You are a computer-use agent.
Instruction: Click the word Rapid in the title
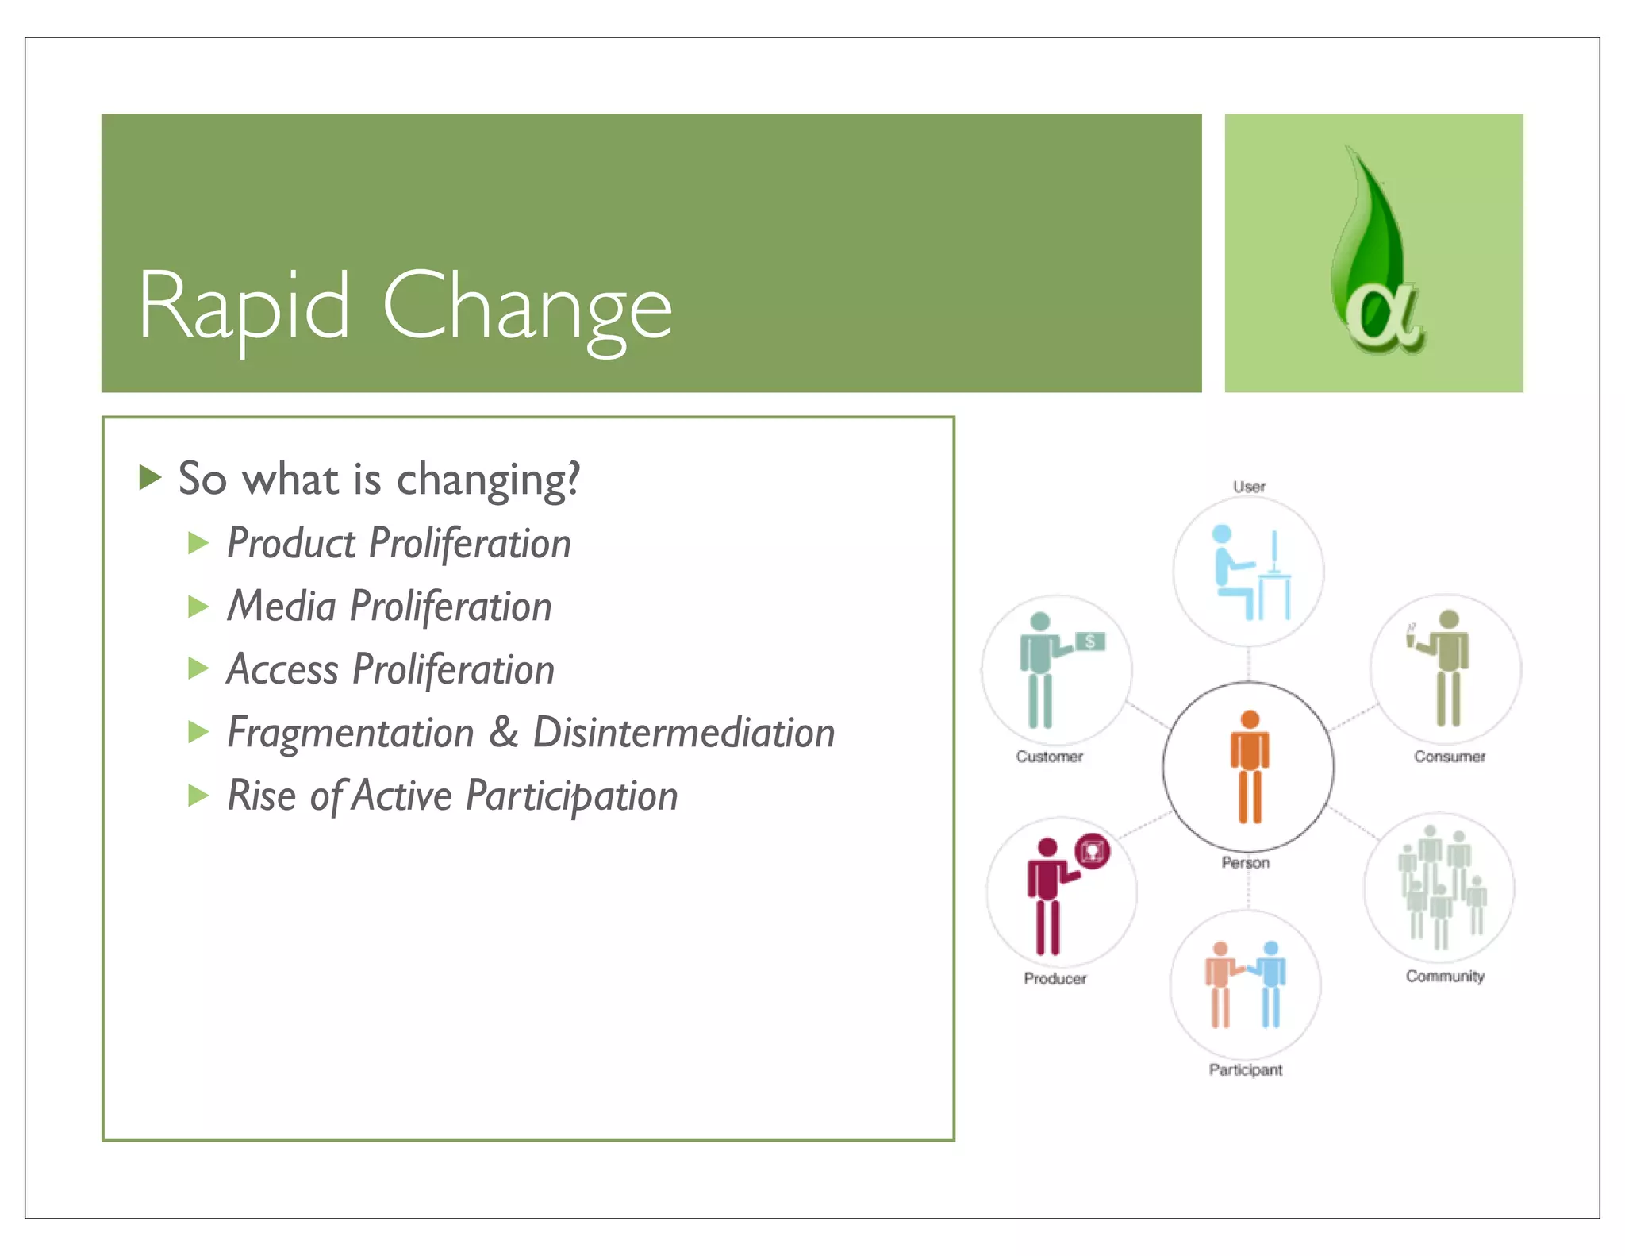point(244,306)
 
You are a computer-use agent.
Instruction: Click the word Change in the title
point(527,308)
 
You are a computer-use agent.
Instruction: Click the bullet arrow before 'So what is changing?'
point(150,478)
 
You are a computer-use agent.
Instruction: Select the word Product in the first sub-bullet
point(291,544)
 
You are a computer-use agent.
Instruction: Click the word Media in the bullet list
point(282,607)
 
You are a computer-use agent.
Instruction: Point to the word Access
point(282,669)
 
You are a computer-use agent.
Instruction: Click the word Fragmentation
point(350,732)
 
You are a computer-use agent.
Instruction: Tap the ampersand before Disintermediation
point(504,731)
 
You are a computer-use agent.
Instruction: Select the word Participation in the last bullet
point(571,796)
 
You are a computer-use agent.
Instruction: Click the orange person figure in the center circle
point(1250,767)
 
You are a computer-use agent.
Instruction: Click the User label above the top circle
point(1249,487)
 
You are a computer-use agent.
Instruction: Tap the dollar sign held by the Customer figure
point(1091,641)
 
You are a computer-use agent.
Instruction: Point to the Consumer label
point(1449,757)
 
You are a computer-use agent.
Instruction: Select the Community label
point(1445,976)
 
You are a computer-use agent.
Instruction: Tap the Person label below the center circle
point(1245,862)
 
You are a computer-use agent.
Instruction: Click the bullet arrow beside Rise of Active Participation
point(198,795)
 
